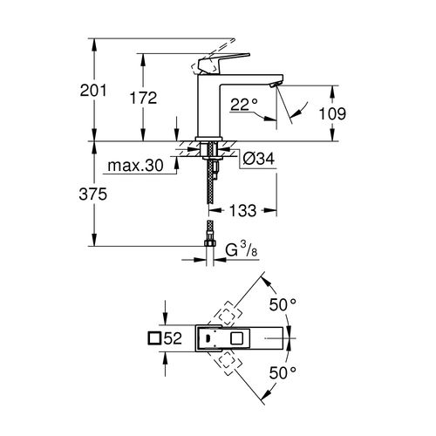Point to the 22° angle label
(244, 106)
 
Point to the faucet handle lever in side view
(211, 64)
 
